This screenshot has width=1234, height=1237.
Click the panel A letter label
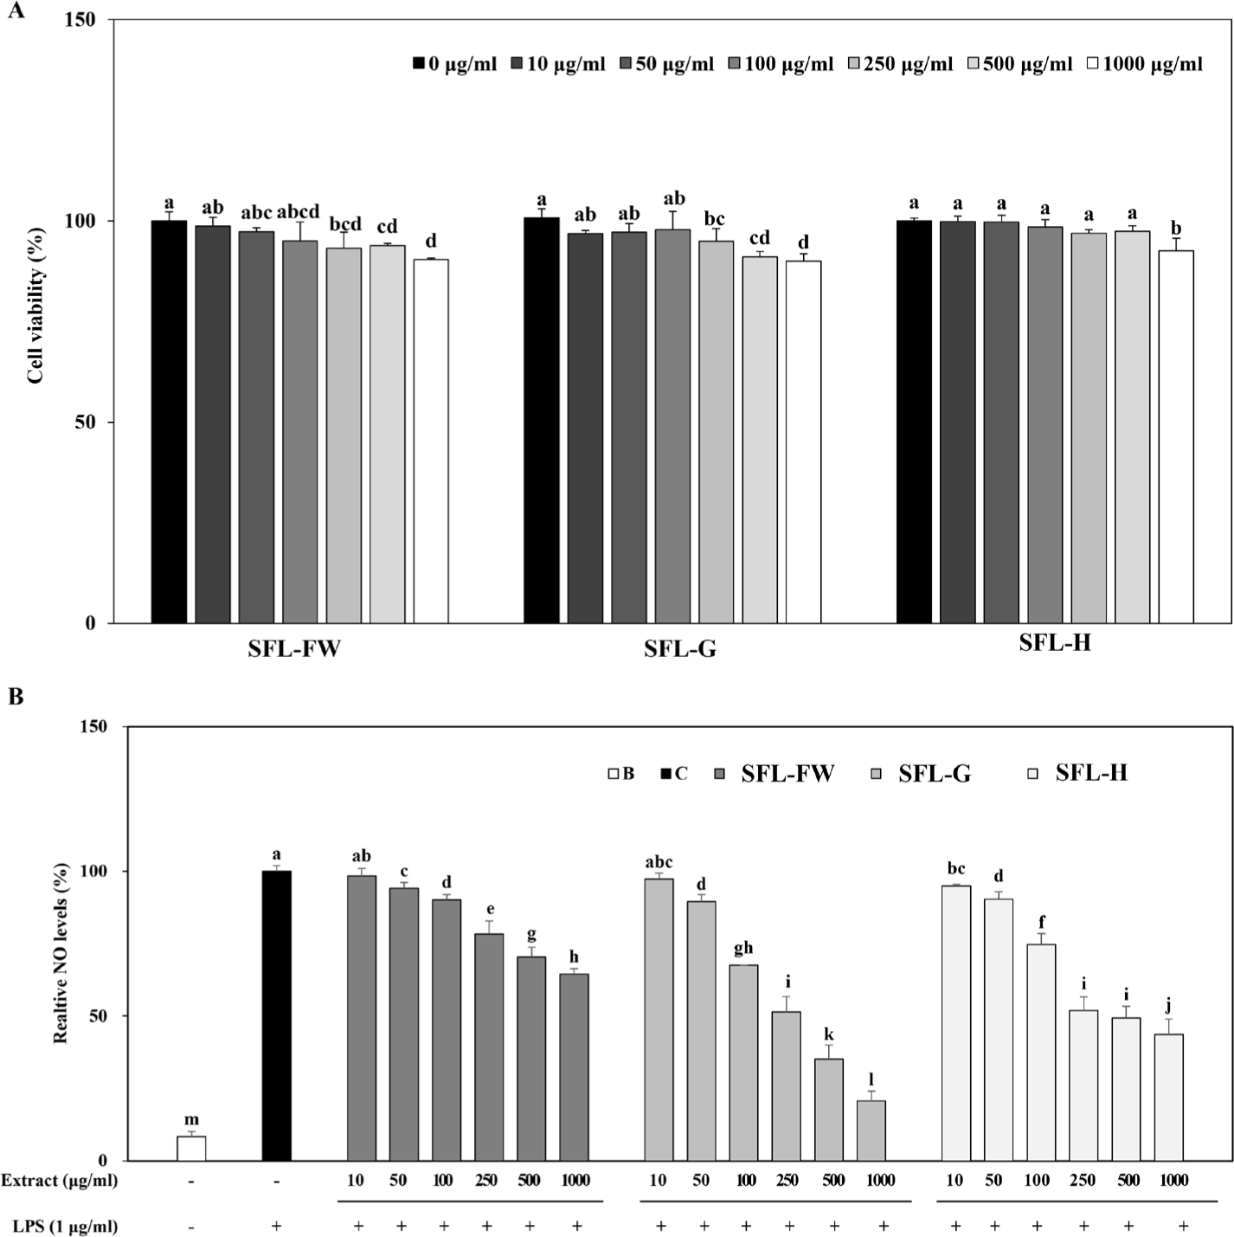coord(15,13)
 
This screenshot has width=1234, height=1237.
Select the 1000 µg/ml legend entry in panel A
coord(1144,64)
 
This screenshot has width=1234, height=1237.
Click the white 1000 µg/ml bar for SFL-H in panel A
coord(1176,437)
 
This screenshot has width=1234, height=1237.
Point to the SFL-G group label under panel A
coord(679,648)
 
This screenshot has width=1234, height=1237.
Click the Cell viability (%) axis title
coord(35,306)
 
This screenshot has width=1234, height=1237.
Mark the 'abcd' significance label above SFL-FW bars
coord(299,212)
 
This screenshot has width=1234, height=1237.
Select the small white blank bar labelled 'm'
coord(191,1148)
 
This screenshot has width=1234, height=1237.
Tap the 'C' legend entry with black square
coord(674,774)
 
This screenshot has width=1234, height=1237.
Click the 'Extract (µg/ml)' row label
coord(59,1180)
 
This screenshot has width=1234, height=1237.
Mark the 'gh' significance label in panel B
coord(743,948)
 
